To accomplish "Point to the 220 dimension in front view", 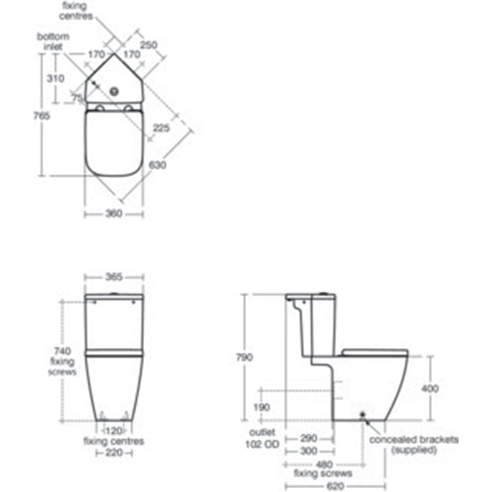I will [114, 454].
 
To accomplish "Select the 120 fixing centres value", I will [114, 430].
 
